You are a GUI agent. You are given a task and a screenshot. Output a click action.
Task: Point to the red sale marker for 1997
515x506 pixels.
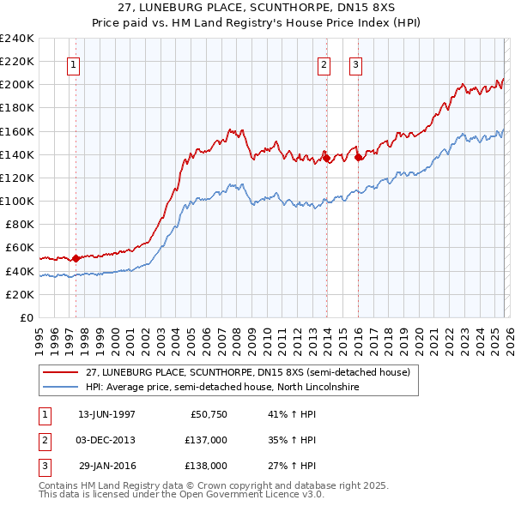point(76,257)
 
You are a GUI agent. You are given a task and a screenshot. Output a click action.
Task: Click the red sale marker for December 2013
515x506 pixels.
point(326,157)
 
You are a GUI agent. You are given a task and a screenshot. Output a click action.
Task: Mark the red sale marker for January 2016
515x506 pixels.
point(359,156)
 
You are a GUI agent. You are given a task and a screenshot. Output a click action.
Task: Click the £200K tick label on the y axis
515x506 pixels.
point(17,85)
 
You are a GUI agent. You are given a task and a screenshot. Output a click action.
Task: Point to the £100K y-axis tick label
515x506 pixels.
point(17,201)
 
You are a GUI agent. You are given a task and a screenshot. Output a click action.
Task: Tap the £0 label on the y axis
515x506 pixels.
point(26,317)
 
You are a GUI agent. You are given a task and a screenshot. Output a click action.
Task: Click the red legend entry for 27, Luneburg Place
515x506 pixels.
point(249,372)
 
